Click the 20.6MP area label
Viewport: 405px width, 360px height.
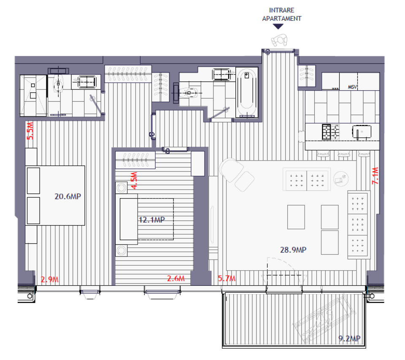click(67, 196)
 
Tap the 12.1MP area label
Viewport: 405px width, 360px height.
click(151, 220)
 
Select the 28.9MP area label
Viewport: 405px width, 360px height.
click(293, 250)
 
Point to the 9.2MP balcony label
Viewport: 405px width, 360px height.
click(349, 338)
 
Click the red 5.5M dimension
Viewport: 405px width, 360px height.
click(30, 131)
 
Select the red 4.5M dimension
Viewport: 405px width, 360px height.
click(134, 180)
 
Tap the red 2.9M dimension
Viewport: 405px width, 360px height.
click(49, 279)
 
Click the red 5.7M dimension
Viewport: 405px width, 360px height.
click(227, 279)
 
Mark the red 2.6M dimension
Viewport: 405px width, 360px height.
click(176, 279)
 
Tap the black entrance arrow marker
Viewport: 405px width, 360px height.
click(278, 27)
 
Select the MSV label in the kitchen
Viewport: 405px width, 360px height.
click(353, 87)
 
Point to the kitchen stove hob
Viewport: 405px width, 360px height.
click(331, 132)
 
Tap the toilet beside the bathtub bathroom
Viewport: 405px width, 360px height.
click(190, 91)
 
